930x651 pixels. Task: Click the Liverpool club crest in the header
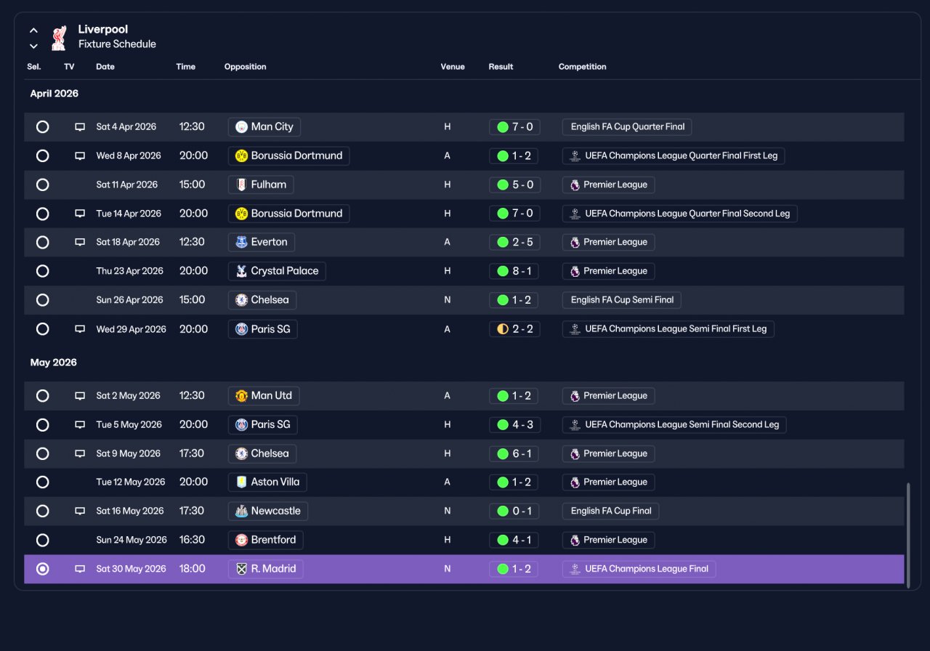point(59,38)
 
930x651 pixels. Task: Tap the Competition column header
point(582,66)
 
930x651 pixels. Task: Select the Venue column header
point(453,66)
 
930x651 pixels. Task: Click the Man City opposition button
point(264,126)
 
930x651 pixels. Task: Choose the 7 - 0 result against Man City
point(514,126)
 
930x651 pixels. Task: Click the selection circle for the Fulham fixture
point(42,185)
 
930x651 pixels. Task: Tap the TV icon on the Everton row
point(80,242)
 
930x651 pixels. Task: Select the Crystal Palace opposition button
point(277,271)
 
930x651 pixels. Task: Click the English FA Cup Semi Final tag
point(621,300)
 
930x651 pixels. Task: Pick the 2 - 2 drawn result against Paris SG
point(514,329)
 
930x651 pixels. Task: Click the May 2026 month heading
point(54,363)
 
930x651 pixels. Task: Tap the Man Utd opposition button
point(264,396)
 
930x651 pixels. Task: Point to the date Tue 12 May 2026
point(131,482)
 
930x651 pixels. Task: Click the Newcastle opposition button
point(268,511)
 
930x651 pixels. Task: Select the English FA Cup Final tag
point(610,511)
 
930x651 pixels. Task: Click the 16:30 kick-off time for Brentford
point(192,540)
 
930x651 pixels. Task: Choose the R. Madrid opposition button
point(266,569)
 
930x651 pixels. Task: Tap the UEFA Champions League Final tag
point(639,569)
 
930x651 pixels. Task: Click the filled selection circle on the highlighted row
point(42,569)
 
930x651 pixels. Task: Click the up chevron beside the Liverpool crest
point(33,31)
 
